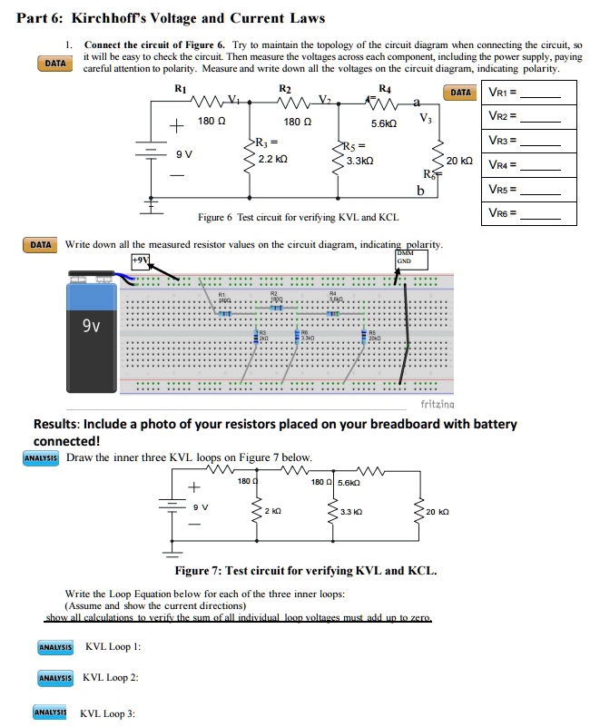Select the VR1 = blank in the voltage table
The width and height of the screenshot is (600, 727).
[x=546, y=93]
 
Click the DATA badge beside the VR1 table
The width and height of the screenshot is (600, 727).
[x=461, y=93]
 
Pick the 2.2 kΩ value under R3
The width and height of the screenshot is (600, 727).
[x=274, y=158]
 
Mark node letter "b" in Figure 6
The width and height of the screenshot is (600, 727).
[x=419, y=191]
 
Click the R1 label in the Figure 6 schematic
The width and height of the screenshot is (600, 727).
[x=180, y=88]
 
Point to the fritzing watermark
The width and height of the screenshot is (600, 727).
[x=440, y=402]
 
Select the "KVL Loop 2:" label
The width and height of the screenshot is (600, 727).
[x=111, y=677]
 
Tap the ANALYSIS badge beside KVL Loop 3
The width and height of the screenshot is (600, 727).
[x=51, y=713]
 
